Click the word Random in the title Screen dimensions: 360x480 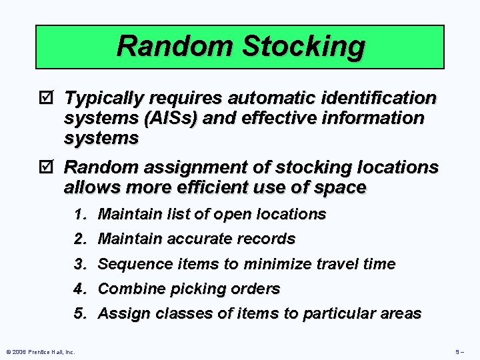174,47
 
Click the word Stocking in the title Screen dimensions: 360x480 303,47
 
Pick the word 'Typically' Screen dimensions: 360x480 104,99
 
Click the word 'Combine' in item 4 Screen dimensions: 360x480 130,289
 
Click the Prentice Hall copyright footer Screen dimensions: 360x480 40,351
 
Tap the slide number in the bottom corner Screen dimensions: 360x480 459,351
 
